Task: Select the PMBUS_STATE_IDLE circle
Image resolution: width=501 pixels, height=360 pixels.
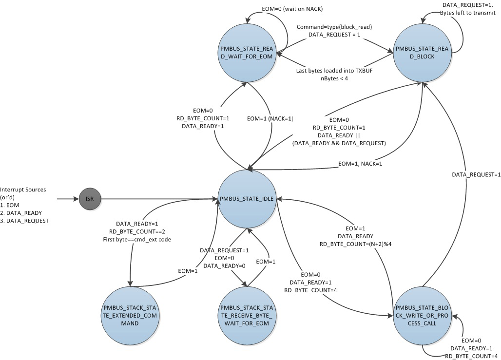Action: pyautogui.click(x=248, y=199)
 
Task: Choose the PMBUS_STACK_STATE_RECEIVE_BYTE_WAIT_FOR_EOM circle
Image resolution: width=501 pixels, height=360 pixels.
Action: pyautogui.click(x=248, y=316)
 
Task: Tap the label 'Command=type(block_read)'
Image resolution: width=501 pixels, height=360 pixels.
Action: pyautogui.click(x=331, y=27)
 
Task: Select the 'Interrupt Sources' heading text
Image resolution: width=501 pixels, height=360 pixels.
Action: pyautogui.click(x=24, y=189)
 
